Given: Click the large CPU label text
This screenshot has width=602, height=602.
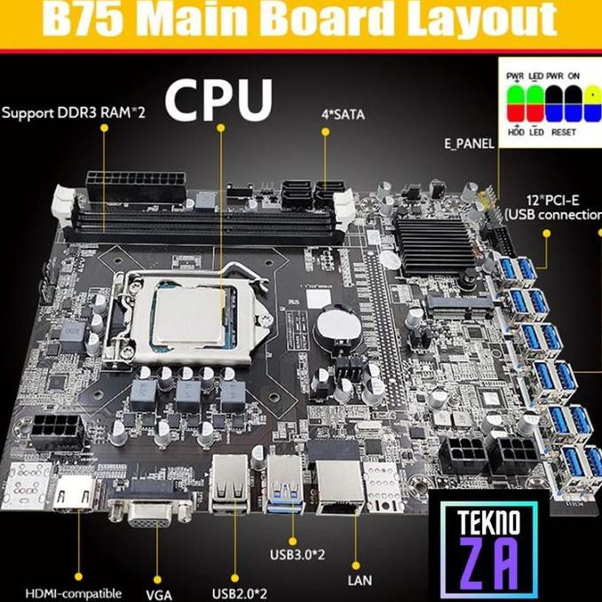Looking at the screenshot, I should [x=218, y=100].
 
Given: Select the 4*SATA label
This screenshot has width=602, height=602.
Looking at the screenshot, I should [x=342, y=113].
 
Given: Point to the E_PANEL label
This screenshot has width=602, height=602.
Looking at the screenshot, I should [x=468, y=143].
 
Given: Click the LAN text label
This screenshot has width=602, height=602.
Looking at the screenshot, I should [x=360, y=581].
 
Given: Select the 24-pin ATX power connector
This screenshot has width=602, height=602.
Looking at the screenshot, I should [x=135, y=186].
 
